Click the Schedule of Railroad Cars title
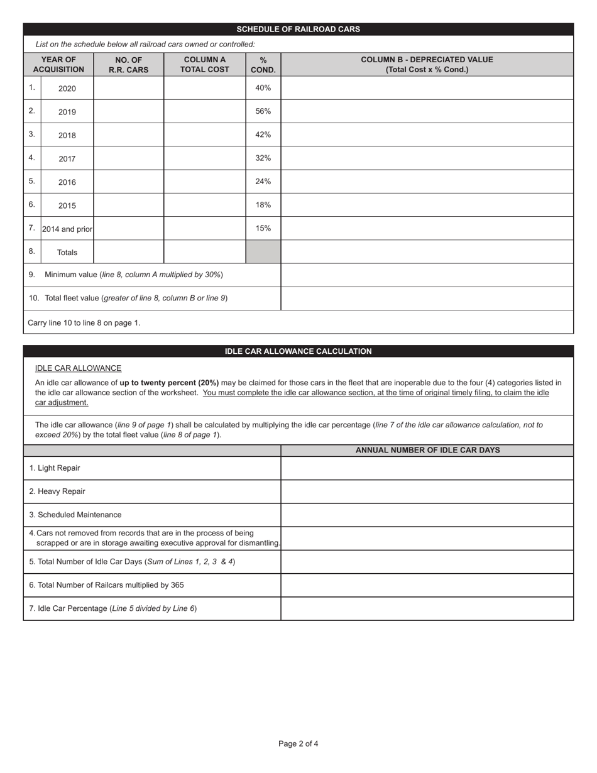(298, 29)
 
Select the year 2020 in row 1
(67, 89)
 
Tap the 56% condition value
(263, 111)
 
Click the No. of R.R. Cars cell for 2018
(128, 134)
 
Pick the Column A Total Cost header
(204, 64)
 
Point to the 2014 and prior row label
(67, 229)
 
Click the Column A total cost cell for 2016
(204, 182)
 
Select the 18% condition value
(263, 205)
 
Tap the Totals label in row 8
(67, 253)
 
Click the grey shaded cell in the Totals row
(263, 252)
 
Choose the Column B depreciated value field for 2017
(427, 158)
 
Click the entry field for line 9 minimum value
(427, 275)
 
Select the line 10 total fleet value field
(427, 299)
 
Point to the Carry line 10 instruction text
(84, 322)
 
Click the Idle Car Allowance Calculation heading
(298, 351)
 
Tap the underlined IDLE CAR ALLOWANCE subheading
(78, 368)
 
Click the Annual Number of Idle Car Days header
(427, 450)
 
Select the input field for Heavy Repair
(427, 491)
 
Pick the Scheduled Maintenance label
(80, 515)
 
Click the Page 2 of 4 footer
(298, 744)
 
